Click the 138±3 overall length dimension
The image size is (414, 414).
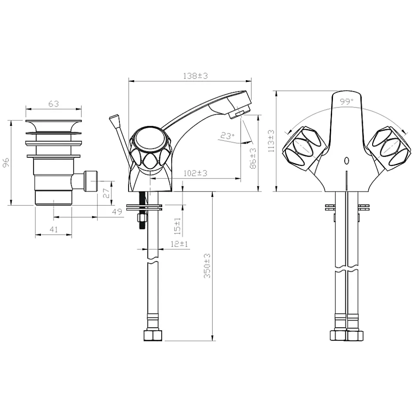[196, 76]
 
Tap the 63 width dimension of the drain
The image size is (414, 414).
[54, 104]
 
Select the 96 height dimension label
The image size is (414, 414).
[6, 162]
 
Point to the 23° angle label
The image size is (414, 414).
[228, 136]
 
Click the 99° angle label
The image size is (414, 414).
[347, 102]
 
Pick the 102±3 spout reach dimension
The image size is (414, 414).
[196, 173]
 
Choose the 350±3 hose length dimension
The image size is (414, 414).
[207, 266]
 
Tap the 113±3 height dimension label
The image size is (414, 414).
[271, 141]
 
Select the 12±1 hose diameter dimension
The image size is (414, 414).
[179, 244]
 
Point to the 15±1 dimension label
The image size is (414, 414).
[177, 226]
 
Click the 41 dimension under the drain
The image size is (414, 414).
[54, 229]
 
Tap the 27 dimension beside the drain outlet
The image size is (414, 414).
[106, 193]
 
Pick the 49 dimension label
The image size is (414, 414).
[117, 211]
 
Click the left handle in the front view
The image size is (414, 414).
[303, 148]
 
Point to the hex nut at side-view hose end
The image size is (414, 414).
[153, 335]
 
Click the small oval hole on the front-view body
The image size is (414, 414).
[347, 160]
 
